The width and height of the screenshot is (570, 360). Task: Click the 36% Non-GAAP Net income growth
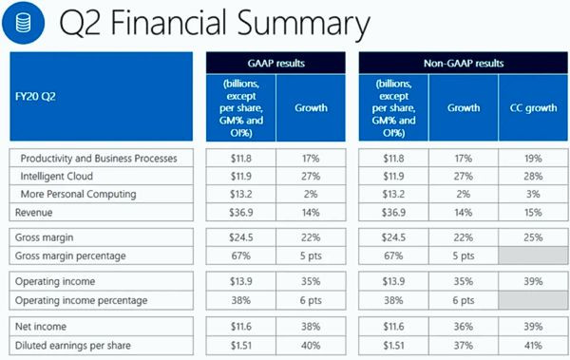click(462, 326)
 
